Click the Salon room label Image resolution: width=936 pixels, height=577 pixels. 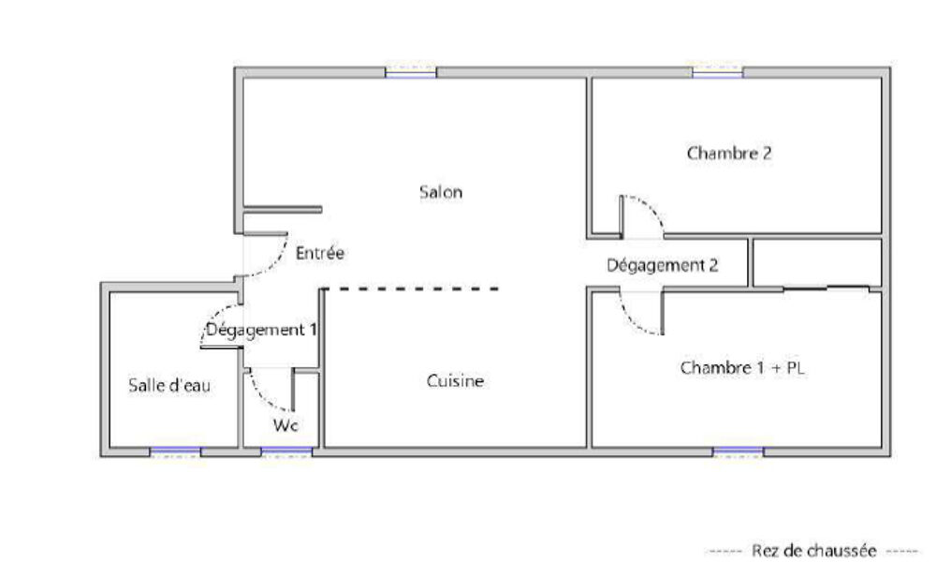441,192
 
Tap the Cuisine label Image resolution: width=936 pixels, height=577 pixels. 455,380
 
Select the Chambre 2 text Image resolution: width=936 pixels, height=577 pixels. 729,153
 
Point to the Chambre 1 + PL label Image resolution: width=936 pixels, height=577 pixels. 742,367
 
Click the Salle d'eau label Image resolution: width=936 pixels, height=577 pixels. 169,385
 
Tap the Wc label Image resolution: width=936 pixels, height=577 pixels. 285,425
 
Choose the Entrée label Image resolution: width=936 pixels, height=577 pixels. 320,253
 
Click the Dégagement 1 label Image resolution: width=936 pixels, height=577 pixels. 261,330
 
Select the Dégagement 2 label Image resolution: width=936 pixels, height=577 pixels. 662,265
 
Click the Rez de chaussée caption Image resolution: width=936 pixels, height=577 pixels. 813,550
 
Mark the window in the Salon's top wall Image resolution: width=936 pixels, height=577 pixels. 411,72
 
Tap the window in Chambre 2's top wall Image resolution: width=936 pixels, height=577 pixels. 718,72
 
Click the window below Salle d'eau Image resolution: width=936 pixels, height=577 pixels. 175,451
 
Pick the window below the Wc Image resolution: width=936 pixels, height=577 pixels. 286,451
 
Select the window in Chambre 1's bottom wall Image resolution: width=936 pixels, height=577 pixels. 739,451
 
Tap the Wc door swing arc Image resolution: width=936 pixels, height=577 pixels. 263,397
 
